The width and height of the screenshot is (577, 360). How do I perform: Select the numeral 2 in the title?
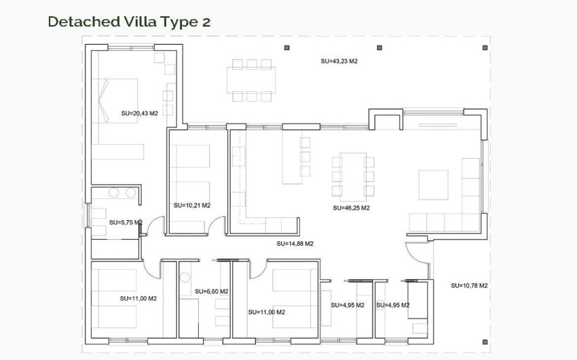coord(206,22)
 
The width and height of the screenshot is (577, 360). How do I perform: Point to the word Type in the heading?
coord(176,22)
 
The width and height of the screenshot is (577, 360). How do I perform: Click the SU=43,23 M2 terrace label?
coord(339,61)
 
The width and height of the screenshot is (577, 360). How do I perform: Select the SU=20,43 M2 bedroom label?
coord(139,113)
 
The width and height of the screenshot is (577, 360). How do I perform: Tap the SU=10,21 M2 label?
coord(192,205)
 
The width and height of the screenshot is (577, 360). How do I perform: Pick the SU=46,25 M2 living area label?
coord(351,208)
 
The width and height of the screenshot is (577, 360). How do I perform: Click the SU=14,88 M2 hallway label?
coord(295,243)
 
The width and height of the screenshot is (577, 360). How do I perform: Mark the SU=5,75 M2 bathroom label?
coord(126,222)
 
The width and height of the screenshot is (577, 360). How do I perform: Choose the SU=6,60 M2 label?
coord(211,291)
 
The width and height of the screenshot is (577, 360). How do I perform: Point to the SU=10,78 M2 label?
coord(469,285)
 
